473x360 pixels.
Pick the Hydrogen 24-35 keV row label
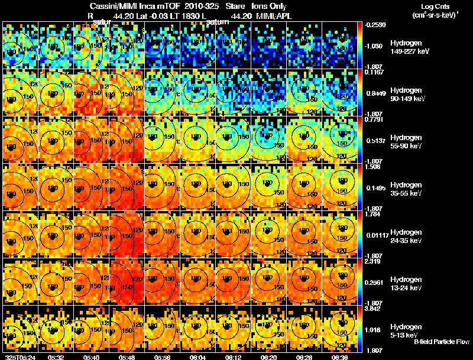tap(406, 236)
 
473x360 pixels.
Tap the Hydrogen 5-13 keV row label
tap(406, 330)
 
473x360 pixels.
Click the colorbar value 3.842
tap(374, 309)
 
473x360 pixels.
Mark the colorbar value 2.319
tap(374, 261)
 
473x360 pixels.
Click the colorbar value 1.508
tap(374, 167)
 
